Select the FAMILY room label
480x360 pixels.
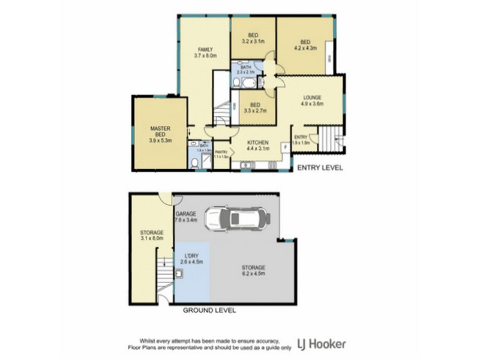[205, 49]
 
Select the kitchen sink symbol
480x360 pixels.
[245, 164]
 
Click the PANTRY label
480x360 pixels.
[221, 152]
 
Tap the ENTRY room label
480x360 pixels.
[300, 137]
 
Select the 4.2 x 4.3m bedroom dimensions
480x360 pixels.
[305, 47]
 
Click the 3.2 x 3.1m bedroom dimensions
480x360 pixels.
[253, 41]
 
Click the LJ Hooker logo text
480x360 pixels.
[323, 344]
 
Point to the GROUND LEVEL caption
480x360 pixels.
[209, 310]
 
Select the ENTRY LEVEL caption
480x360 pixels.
[320, 168]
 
